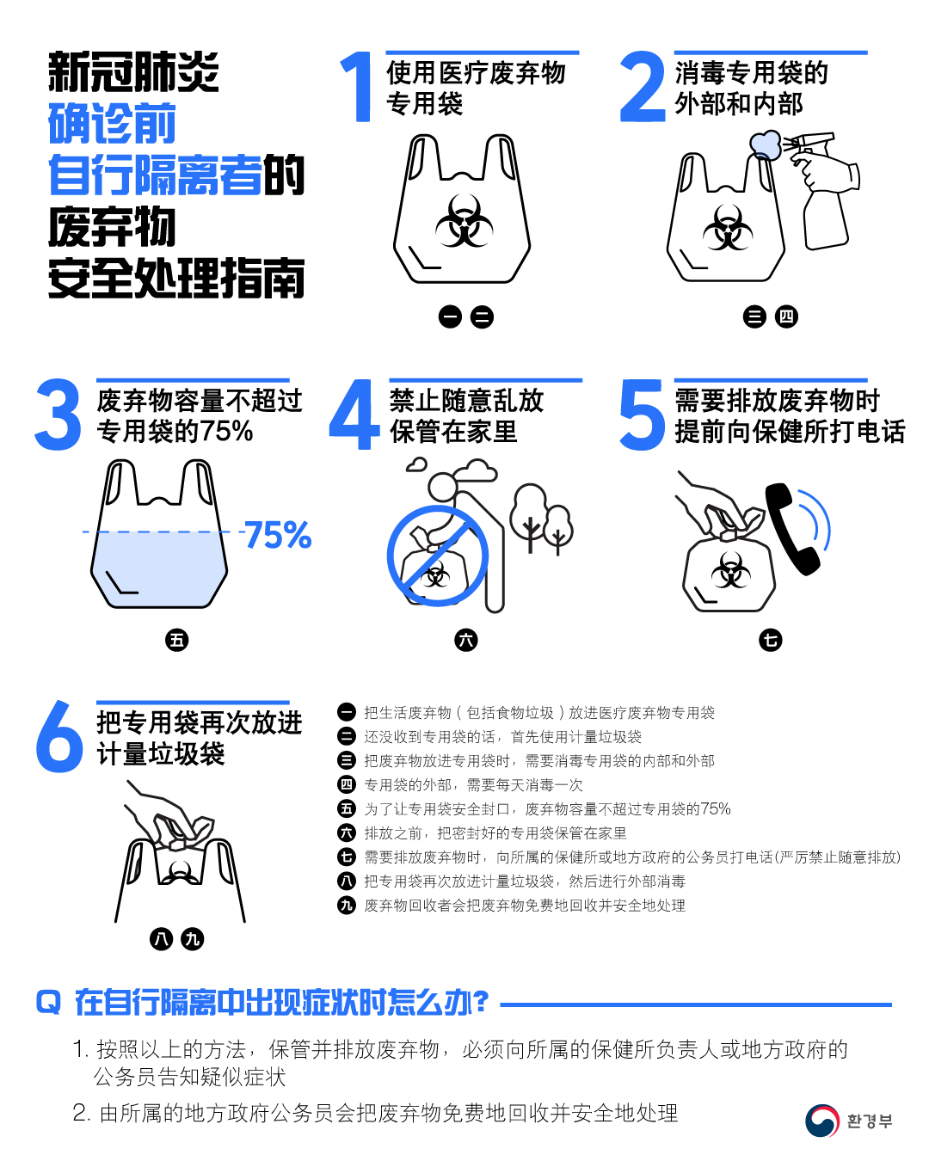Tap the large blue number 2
coord(643,86)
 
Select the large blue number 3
coord(58,414)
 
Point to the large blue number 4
coord(354,414)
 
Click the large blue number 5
coord(642,414)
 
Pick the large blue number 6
coord(59,736)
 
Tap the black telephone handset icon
coord(791,529)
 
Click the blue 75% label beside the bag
coord(278,535)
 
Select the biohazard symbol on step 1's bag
coord(464,220)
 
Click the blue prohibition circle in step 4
coord(438,556)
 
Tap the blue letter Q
coord(48,1002)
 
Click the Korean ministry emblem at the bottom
coord(821,1121)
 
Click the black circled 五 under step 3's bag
coord(176,641)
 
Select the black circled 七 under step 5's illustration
coord(770,641)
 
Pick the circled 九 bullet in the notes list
coord(346,905)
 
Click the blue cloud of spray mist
coord(766,144)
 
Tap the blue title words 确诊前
coord(112,124)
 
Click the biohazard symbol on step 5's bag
coord(730,569)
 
